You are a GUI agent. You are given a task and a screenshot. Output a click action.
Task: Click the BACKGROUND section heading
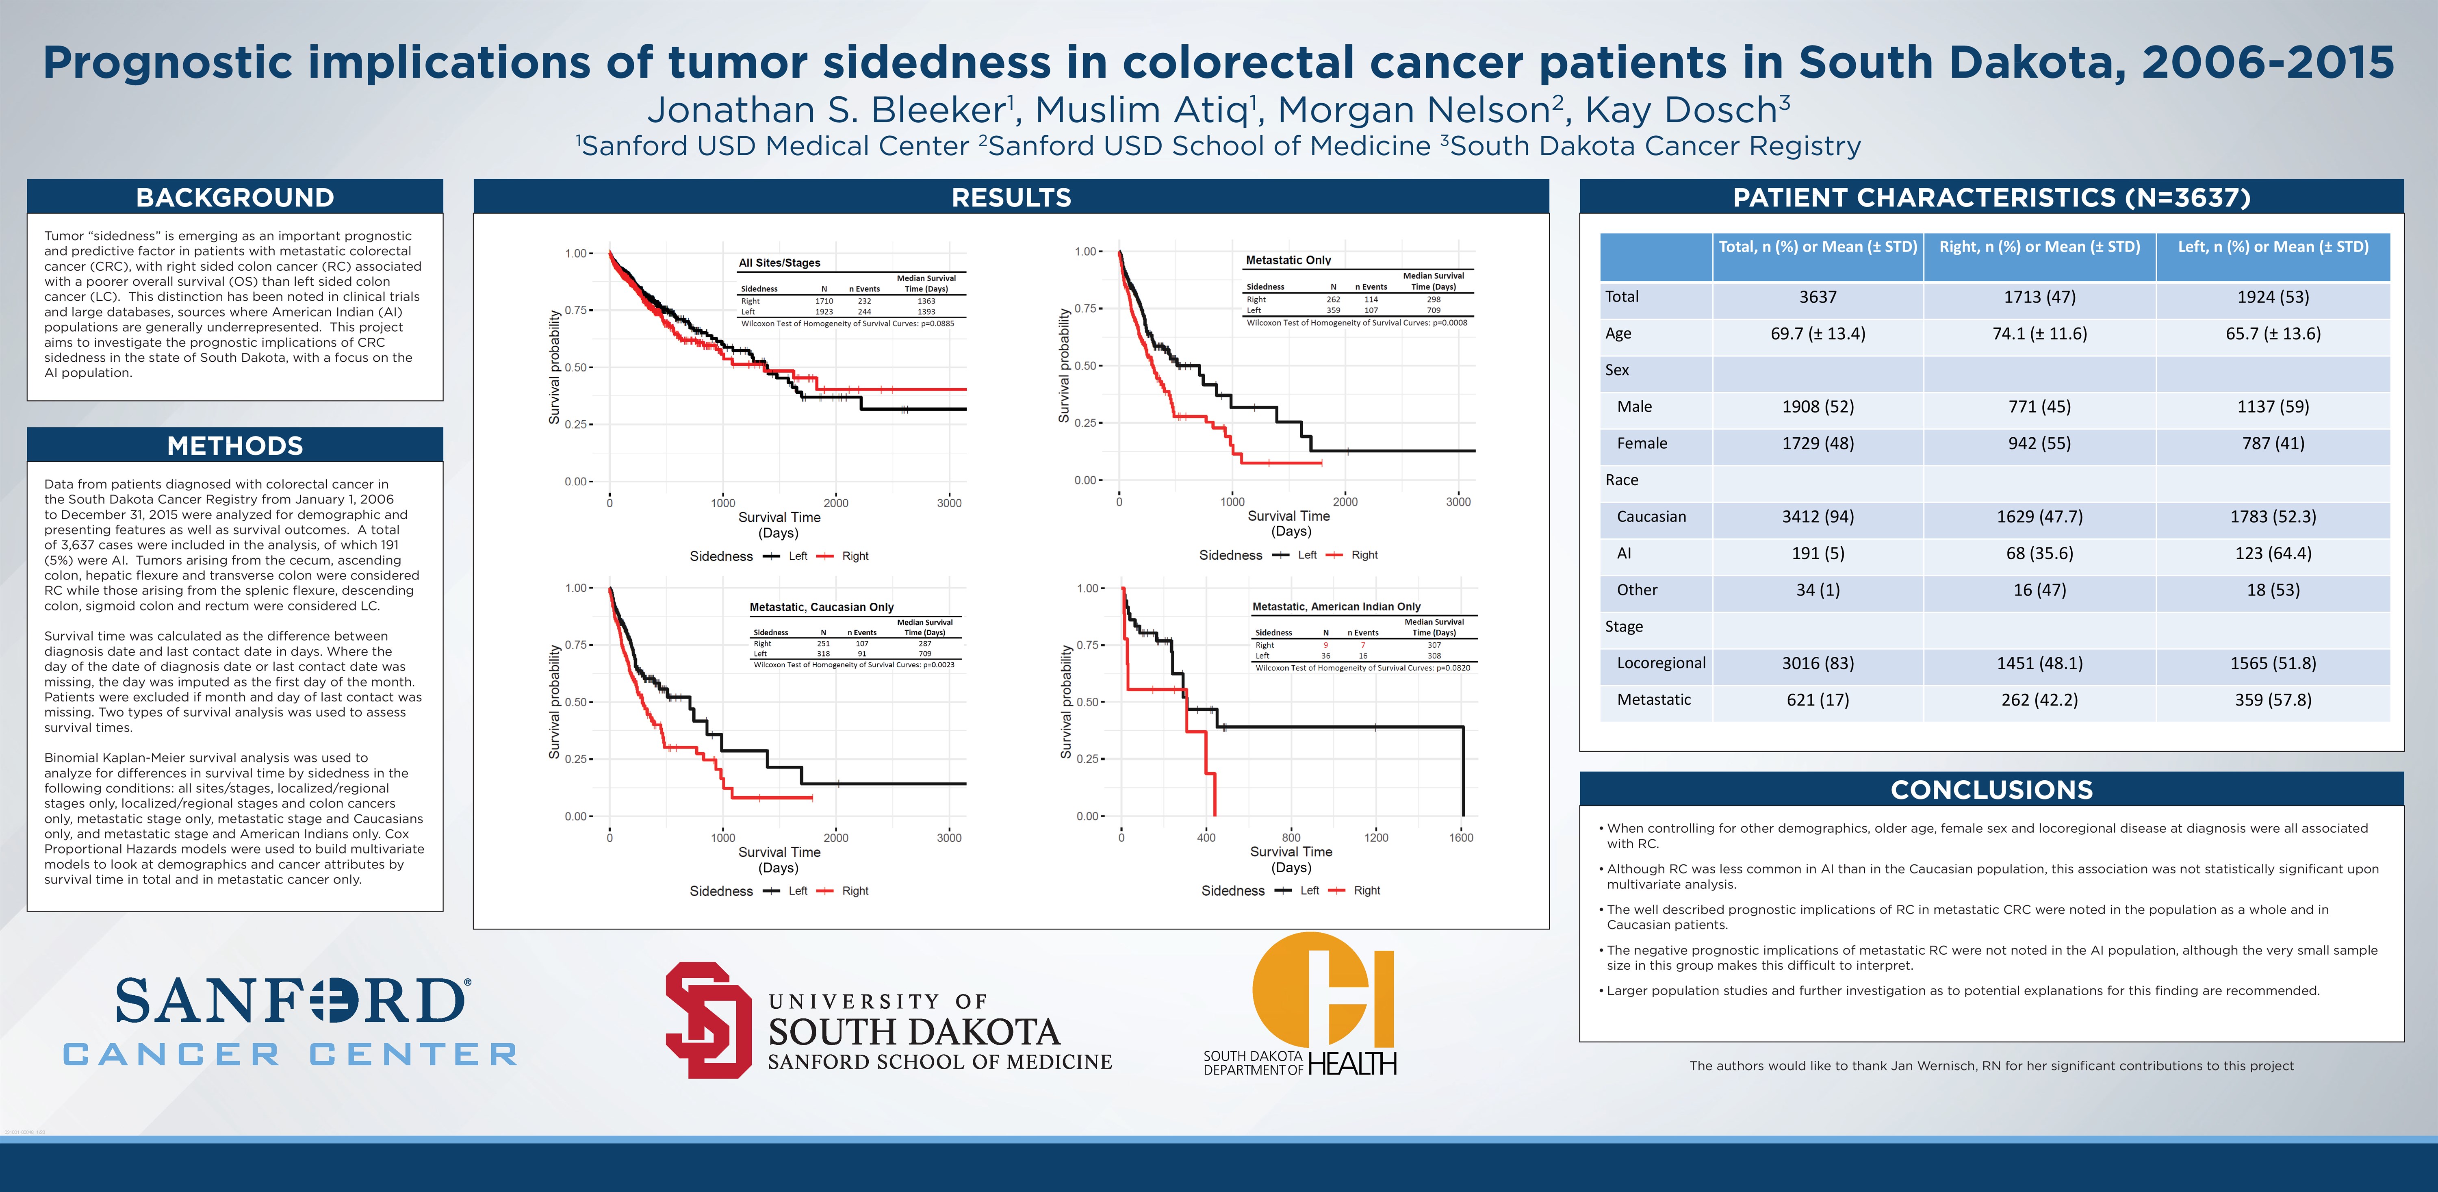[235, 197]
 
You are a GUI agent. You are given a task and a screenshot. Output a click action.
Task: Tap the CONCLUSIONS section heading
[1991, 790]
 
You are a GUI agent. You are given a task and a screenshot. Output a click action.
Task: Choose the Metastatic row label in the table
[1653, 700]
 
